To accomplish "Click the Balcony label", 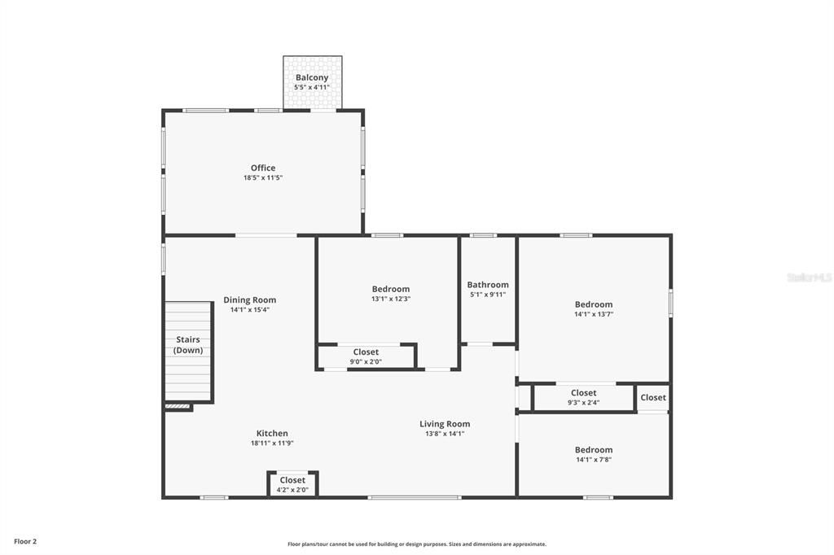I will click(x=312, y=78).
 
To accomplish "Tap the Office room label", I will click(x=263, y=168).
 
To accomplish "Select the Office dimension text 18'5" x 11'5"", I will click(x=263, y=177).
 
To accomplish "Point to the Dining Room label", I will click(x=249, y=300).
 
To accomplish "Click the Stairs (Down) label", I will click(x=188, y=345).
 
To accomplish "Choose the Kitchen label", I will click(x=272, y=434).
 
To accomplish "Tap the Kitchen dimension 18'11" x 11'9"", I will click(x=272, y=444).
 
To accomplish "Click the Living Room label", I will click(x=445, y=424).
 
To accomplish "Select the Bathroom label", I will click(x=488, y=285).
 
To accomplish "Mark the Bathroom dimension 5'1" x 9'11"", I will click(x=488, y=295).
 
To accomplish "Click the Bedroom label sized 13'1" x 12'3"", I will click(x=391, y=289).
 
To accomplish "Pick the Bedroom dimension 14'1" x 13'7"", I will click(x=594, y=314).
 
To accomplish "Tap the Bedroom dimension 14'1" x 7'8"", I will click(x=594, y=460).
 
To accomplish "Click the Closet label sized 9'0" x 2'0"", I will click(x=366, y=352).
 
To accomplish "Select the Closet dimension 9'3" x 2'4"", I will click(x=583, y=402).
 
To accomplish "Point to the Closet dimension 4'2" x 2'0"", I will click(x=292, y=490).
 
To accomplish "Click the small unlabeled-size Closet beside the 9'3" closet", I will click(x=653, y=398).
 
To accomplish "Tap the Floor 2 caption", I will click(x=25, y=541).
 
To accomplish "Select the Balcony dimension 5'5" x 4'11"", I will click(x=312, y=87).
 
